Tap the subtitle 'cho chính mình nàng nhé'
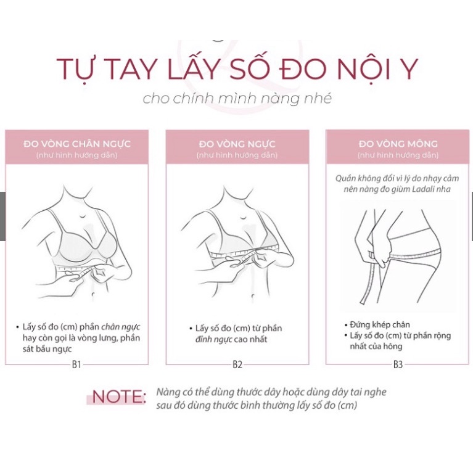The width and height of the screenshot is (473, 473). click(x=237, y=99)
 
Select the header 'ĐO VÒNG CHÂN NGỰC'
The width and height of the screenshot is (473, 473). click(x=77, y=144)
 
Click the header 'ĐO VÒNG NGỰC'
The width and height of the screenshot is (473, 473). click(x=237, y=144)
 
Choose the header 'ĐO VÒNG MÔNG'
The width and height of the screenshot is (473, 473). click(x=398, y=144)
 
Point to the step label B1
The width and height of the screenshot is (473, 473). click(x=76, y=364)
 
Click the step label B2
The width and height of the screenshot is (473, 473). click(x=237, y=364)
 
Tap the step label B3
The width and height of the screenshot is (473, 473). click(x=398, y=364)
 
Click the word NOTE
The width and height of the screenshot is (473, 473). click(x=118, y=397)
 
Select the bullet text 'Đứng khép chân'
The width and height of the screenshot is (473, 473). click(x=379, y=324)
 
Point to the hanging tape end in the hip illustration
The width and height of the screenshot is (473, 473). click(x=371, y=284)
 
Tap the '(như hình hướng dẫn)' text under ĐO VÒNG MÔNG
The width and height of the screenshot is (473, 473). click(x=398, y=155)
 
